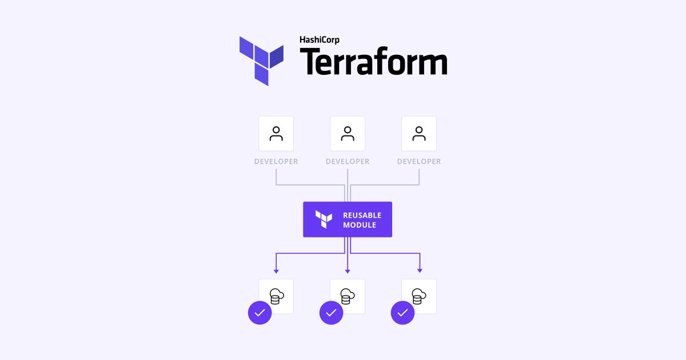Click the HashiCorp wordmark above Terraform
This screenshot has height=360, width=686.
pyautogui.click(x=320, y=40)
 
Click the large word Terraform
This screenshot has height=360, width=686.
pyautogui.click(x=374, y=61)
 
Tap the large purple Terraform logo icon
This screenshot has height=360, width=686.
pyautogui.click(x=261, y=61)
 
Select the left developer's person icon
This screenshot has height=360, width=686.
pyautogui.click(x=276, y=134)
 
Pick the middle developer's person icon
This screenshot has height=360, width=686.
pyautogui.click(x=348, y=134)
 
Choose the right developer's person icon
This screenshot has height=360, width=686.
pyautogui.click(x=419, y=134)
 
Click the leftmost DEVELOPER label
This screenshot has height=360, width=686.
pyautogui.click(x=276, y=162)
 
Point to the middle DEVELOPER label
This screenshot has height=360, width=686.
pyautogui.click(x=348, y=162)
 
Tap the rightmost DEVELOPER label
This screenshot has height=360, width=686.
pyautogui.click(x=419, y=162)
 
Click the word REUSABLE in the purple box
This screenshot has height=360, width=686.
pyautogui.click(x=362, y=215)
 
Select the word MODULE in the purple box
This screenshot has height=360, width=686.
pyautogui.click(x=360, y=225)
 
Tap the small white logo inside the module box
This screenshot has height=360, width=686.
pyautogui.click(x=324, y=219)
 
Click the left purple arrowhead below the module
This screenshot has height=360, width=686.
pyautogui.click(x=276, y=271)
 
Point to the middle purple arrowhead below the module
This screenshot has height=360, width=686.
pyautogui.click(x=348, y=271)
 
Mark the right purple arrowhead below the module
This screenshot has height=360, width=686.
pyautogui.click(x=420, y=271)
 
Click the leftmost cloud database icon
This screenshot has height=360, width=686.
pyautogui.click(x=277, y=297)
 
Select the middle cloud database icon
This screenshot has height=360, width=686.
pyautogui.click(x=348, y=297)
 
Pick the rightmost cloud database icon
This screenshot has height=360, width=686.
pyautogui.click(x=419, y=297)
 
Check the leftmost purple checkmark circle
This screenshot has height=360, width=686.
pyautogui.click(x=260, y=313)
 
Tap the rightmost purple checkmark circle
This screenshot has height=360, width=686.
pyautogui.click(x=402, y=313)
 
